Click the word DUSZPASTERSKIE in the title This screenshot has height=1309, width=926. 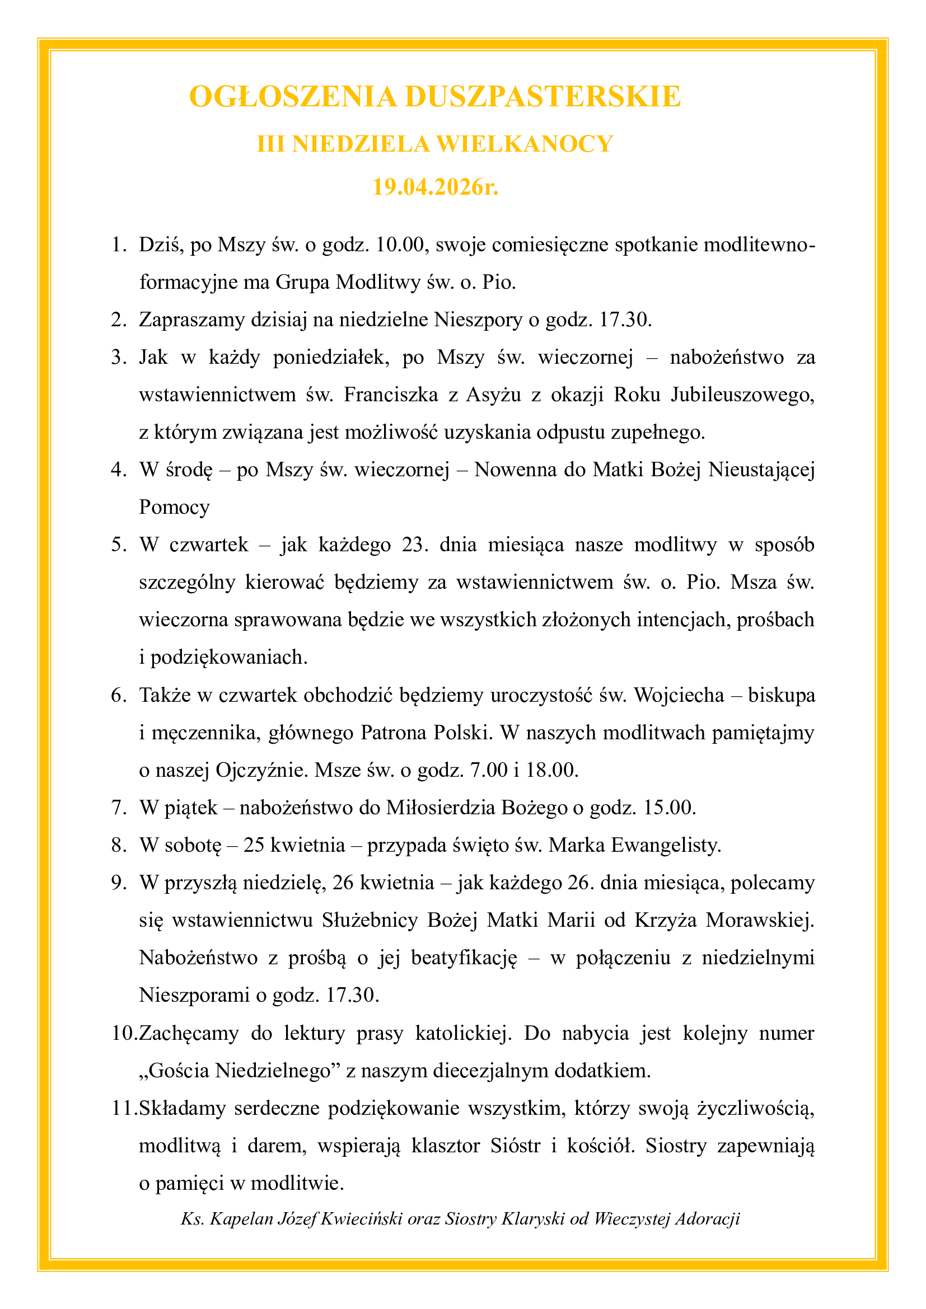pos(542,96)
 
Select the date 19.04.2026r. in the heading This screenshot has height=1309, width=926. pos(436,186)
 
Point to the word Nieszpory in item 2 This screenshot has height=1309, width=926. pos(478,320)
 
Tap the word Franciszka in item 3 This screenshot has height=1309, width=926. pos(391,395)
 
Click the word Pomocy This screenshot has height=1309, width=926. pos(174,507)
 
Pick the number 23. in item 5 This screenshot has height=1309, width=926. pos(414,545)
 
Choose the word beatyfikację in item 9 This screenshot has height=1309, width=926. pos(464,958)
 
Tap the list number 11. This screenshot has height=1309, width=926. pos(123,1108)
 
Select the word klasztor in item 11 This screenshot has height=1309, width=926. pos(445,1146)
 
